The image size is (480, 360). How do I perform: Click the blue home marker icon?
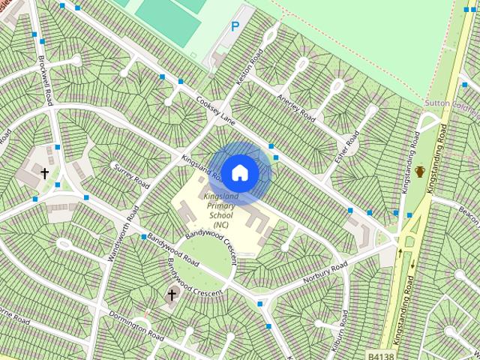pyautogui.click(x=239, y=173)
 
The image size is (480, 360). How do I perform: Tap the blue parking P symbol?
pyautogui.click(x=235, y=27)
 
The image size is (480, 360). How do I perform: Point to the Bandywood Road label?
pyautogui.click(x=172, y=252)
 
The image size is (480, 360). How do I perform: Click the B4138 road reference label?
pyautogui.click(x=380, y=353)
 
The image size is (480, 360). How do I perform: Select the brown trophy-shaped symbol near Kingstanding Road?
pyautogui.click(x=420, y=172)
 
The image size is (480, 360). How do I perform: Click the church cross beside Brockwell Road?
pyautogui.click(x=44, y=173)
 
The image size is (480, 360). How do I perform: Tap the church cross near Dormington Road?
pyautogui.click(x=172, y=295)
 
